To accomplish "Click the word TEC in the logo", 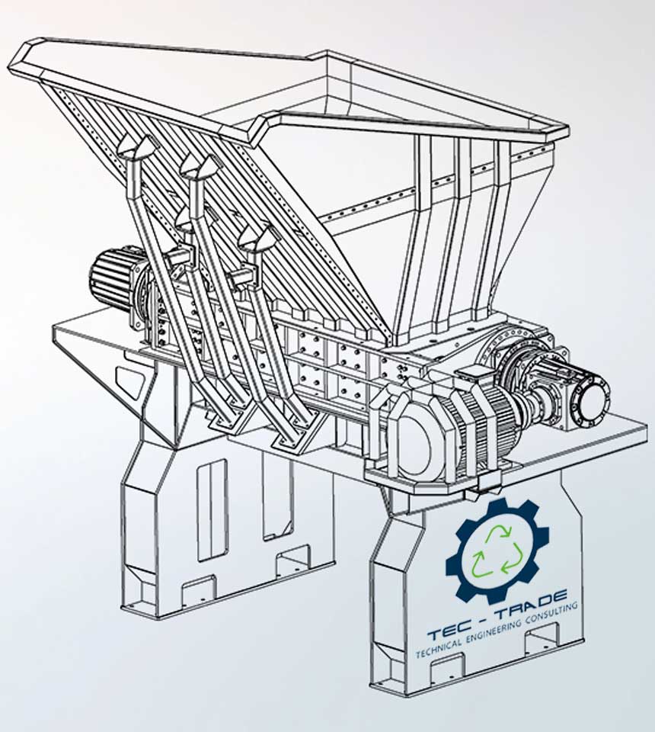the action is pyautogui.click(x=448, y=632).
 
